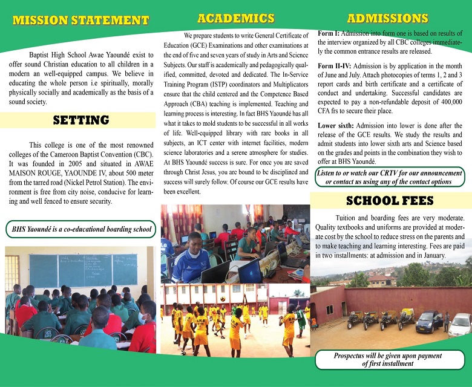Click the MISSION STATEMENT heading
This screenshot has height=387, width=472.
80,21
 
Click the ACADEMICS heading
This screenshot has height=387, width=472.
236,18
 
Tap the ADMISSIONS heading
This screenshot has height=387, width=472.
388,18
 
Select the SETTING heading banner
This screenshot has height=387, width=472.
80,120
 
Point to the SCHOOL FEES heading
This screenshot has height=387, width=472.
390,201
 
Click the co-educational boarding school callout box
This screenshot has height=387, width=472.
80,230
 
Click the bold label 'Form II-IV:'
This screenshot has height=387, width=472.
335,65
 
